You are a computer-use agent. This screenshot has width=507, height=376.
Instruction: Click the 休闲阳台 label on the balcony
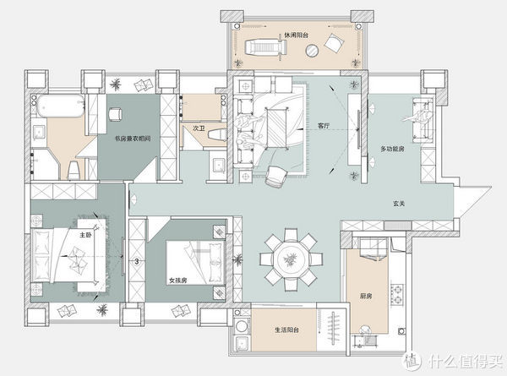296,35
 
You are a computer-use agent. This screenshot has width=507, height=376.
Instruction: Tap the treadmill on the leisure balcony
266,48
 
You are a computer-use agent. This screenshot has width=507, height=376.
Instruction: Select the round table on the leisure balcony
312,51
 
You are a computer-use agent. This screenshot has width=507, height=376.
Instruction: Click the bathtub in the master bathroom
60,106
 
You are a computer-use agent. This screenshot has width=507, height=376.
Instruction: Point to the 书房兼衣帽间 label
133,139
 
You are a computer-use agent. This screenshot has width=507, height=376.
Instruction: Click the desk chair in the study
115,114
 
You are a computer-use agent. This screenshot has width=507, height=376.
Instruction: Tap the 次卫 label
199,128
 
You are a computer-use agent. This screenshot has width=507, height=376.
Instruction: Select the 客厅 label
324,125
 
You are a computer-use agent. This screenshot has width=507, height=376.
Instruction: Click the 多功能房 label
392,149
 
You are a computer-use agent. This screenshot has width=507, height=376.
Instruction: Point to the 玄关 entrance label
399,204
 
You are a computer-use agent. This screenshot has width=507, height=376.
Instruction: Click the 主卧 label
85,235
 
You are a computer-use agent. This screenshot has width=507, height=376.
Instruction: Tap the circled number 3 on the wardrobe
136,261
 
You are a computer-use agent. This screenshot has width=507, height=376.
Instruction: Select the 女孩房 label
178,281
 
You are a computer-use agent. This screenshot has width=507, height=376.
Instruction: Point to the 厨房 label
366,296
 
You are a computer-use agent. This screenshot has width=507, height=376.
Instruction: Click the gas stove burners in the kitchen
397,293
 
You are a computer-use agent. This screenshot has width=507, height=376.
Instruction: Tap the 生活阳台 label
286,330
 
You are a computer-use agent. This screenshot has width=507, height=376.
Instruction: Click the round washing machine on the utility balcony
242,326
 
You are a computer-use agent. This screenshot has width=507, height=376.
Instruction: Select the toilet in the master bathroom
74,171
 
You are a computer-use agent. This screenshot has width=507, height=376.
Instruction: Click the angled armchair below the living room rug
275,177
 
